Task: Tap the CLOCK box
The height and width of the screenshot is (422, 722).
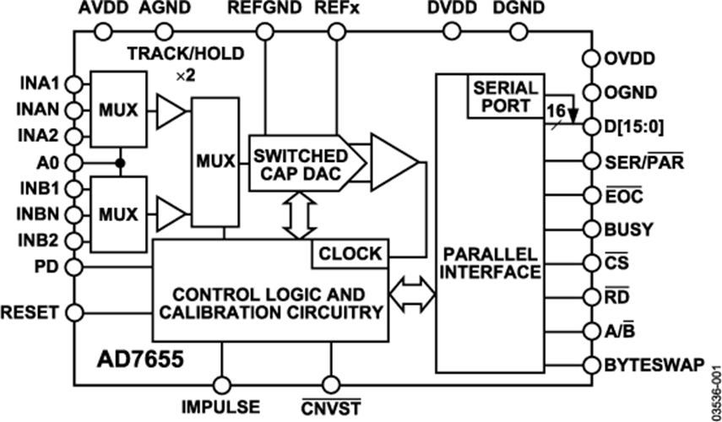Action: click(x=349, y=253)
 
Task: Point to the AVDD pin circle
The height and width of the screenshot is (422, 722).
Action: click(x=102, y=33)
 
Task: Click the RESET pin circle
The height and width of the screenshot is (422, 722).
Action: click(x=75, y=312)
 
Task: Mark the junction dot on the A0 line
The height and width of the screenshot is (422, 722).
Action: click(x=121, y=161)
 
